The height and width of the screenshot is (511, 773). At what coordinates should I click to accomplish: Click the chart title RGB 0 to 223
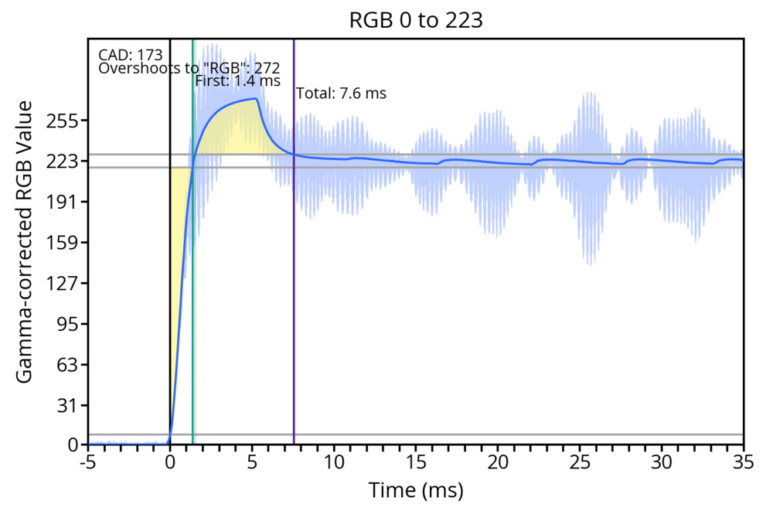click(x=416, y=21)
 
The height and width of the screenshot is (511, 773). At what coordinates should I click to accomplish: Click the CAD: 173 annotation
click(x=131, y=55)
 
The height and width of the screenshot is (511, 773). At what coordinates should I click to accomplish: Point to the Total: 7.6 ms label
click(x=341, y=94)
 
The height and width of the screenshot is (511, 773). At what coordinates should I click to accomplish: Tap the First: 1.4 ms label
click(x=237, y=80)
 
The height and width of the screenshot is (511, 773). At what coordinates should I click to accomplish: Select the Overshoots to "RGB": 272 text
click(x=189, y=68)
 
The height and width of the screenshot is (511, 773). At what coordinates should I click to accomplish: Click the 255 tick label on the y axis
click(x=64, y=121)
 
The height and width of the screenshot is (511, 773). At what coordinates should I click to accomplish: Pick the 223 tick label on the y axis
click(x=64, y=162)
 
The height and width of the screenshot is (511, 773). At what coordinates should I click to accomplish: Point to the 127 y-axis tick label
click(x=64, y=284)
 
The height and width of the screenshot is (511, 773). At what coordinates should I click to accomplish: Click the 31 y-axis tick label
click(x=69, y=405)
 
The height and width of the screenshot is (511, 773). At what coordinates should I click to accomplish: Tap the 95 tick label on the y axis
click(x=69, y=324)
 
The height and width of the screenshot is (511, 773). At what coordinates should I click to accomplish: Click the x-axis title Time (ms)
click(x=416, y=490)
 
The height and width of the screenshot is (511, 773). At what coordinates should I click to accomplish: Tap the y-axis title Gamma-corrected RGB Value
click(x=25, y=241)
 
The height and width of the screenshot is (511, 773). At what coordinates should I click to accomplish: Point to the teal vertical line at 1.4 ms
click(x=192, y=309)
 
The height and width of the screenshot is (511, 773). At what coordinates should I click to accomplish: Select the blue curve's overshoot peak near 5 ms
click(x=254, y=98)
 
